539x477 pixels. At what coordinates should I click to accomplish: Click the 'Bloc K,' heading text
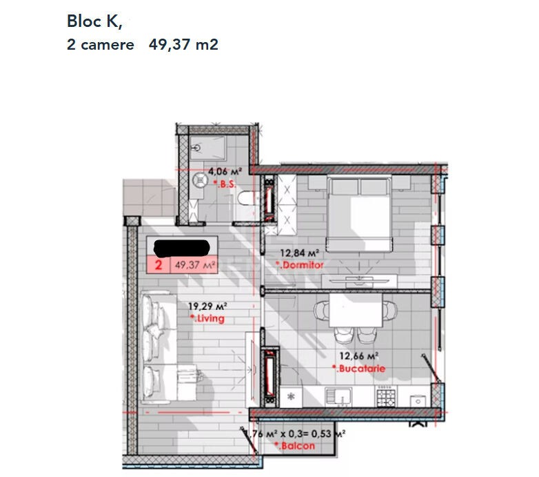pyautogui.click(x=94, y=21)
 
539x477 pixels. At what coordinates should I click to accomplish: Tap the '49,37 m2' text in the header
pyautogui.click(x=183, y=45)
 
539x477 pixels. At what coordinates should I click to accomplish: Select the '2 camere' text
pyautogui.click(x=101, y=45)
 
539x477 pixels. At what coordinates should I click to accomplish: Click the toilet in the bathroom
pyautogui.click(x=247, y=199)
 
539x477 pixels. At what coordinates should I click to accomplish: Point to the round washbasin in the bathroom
pyautogui.click(x=200, y=180)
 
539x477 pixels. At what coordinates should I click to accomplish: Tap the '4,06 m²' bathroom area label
pyautogui.click(x=225, y=171)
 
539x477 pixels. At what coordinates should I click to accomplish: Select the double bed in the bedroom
pyautogui.click(x=359, y=213)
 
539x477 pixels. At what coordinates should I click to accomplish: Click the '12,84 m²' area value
pyautogui.click(x=299, y=253)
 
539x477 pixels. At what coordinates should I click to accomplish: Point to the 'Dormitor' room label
pyautogui.click(x=300, y=265)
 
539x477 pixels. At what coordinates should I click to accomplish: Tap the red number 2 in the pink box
pyautogui.click(x=159, y=265)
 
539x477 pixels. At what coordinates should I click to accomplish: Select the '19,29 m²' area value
pyautogui.click(x=207, y=306)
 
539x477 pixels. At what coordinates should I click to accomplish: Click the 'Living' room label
pyautogui.click(x=207, y=318)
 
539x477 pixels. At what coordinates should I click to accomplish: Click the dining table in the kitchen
pyautogui.click(x=356, y=310)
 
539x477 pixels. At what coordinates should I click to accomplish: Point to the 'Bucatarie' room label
pyautogui.click(x=359, y=369)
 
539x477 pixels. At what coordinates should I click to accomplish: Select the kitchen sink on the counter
pyautogui.click(x=338, y=396)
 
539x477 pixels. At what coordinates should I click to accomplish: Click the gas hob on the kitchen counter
pyautogui.click(x=386, y=396)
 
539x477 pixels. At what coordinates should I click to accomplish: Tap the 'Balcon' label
pyautogui.click(x=295, y=446)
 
